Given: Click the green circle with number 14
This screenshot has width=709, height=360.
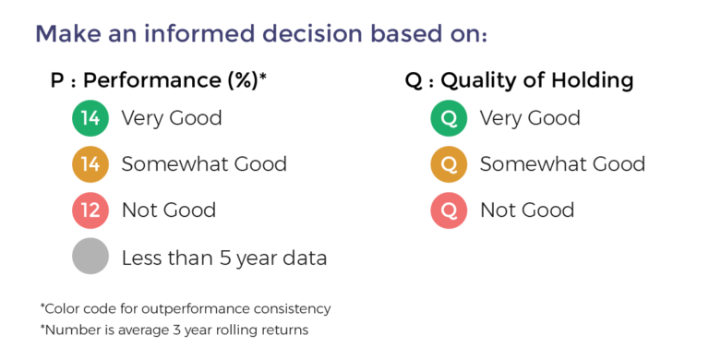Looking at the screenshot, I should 90,118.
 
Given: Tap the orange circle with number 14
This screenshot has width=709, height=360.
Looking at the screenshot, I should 90,164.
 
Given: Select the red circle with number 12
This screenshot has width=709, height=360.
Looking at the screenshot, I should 90,210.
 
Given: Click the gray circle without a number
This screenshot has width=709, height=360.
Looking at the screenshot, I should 90,258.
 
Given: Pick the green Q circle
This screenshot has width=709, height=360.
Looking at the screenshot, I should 449,118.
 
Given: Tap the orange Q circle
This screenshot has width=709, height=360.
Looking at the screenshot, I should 449,164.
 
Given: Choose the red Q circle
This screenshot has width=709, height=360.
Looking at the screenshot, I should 449,210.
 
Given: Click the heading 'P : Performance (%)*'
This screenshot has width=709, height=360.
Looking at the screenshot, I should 158,80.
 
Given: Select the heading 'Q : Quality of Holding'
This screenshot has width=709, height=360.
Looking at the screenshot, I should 519,80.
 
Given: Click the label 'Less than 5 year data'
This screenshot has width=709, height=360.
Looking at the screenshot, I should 224,258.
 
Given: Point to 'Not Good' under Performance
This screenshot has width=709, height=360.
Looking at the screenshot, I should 168,210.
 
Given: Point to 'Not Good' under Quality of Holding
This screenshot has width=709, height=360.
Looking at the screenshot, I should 526,210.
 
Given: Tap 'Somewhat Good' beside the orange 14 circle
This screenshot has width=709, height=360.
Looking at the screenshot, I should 204,164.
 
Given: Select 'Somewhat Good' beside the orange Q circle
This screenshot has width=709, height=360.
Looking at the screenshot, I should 562,164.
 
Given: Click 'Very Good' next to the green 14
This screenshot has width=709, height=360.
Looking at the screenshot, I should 171,118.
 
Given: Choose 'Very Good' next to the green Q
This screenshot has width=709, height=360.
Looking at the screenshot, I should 530,118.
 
